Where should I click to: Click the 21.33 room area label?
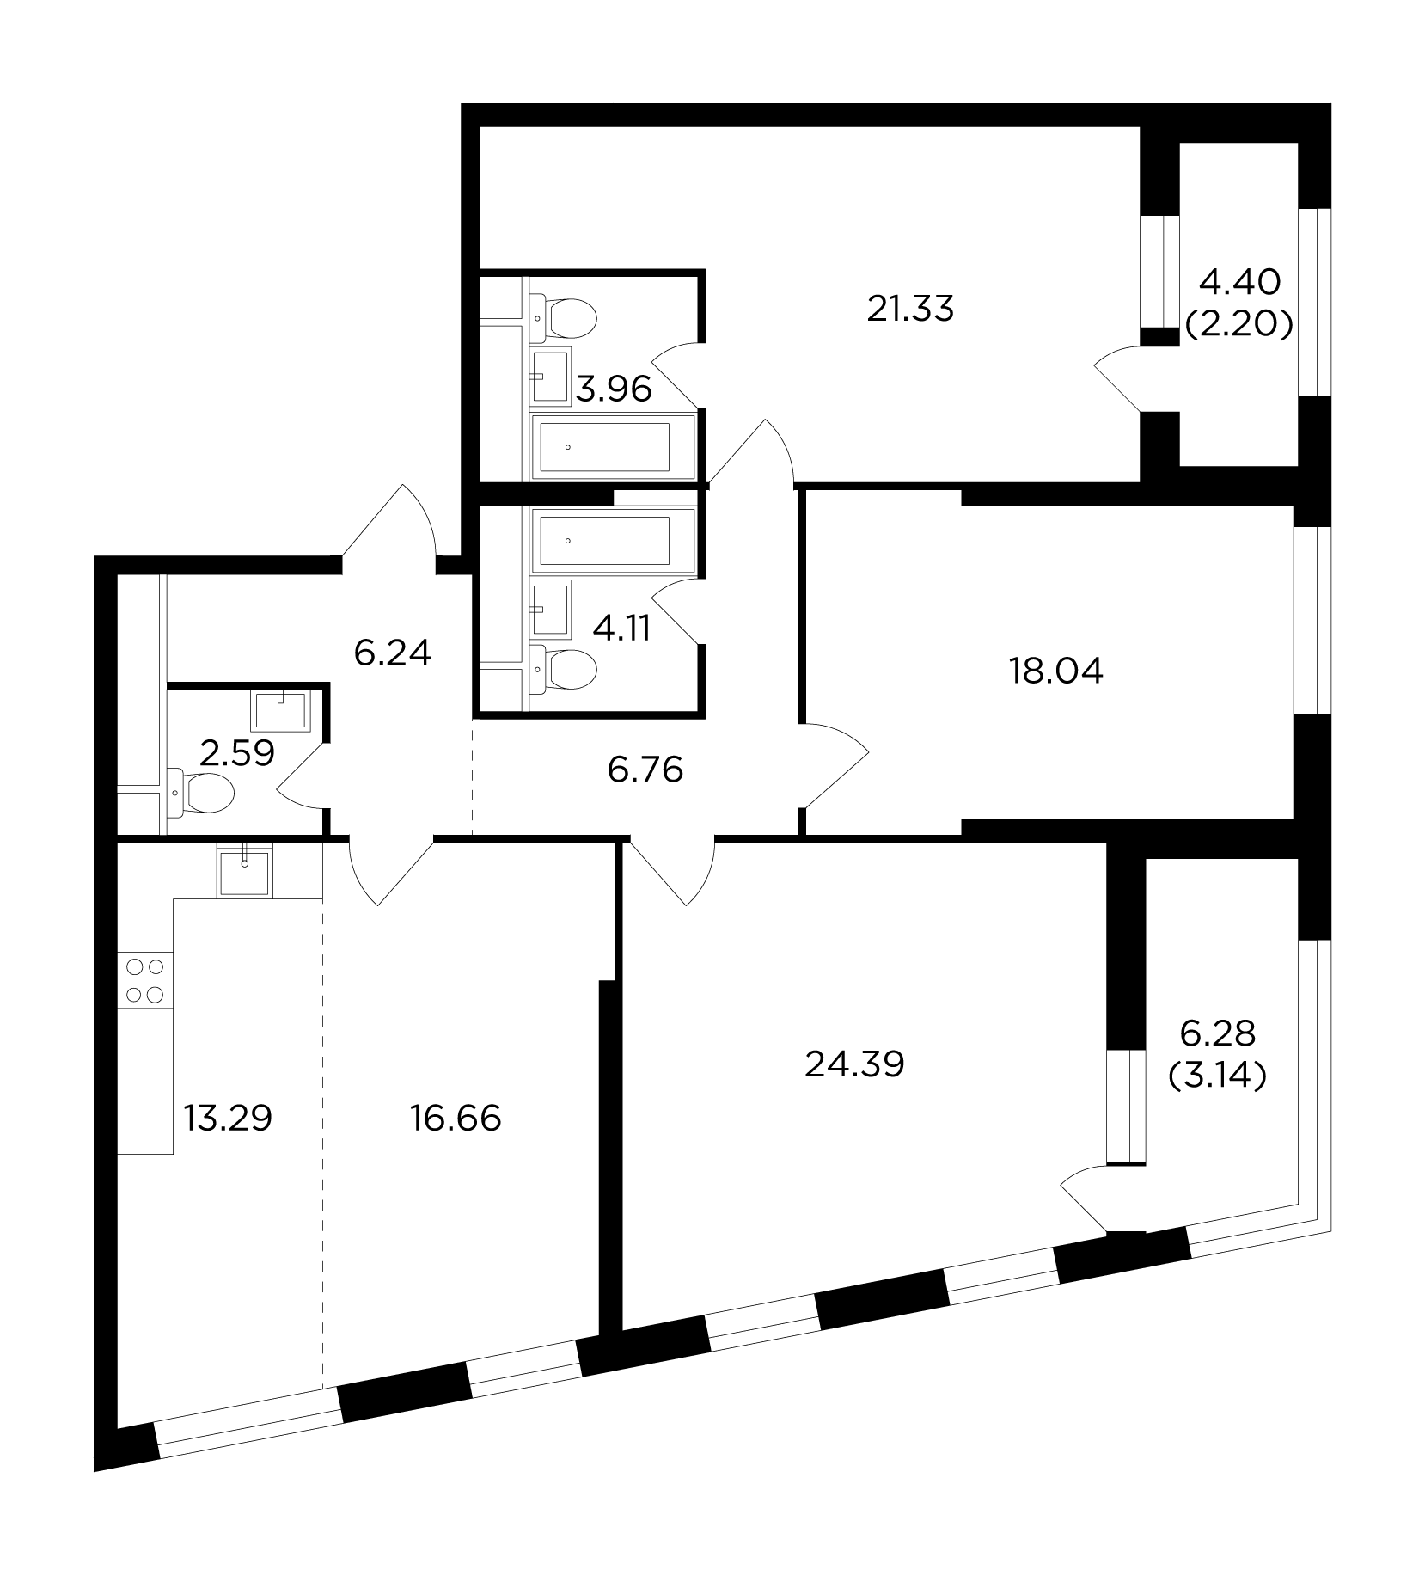[910, 308]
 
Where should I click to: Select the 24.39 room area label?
[855, 1065]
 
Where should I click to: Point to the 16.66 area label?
[456, 1119]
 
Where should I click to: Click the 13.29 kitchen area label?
[228, 1118]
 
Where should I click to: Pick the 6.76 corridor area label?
[645, 770]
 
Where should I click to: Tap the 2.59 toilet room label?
[236, 753]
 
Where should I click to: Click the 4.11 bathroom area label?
[622, 629]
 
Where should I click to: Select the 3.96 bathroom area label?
[614, 390]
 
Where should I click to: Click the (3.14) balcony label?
[1218, 1076]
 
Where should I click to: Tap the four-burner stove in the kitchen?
[145, 981]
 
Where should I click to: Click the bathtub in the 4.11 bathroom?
[614, 540]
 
